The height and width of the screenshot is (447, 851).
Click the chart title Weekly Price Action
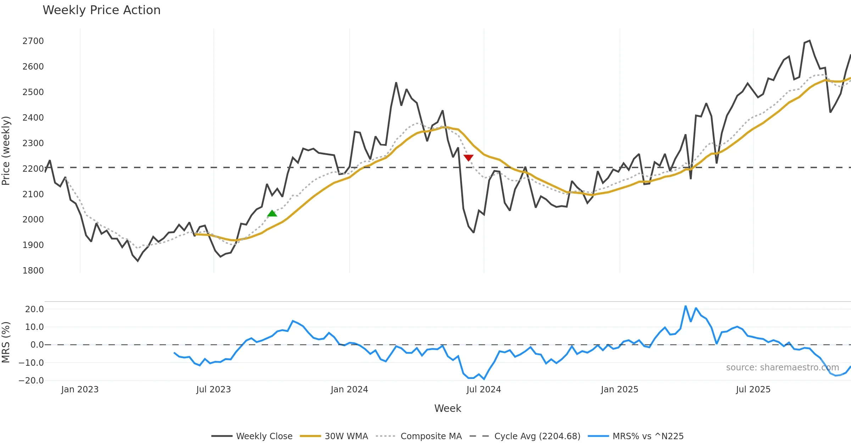101,10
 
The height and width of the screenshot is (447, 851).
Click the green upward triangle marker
272,213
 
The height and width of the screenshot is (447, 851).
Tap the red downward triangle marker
468,158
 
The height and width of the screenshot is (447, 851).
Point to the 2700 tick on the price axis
33,41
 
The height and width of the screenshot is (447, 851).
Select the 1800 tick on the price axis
33,271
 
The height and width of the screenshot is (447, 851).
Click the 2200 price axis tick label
33,169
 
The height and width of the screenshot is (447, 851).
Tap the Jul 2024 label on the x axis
484,390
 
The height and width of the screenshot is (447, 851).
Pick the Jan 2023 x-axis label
80,390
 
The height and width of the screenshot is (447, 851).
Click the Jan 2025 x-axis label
619,390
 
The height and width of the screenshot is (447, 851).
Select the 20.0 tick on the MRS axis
34,309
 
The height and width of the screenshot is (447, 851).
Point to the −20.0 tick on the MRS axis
31,381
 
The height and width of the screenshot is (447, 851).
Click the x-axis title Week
447,409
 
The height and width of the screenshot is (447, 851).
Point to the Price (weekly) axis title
6,151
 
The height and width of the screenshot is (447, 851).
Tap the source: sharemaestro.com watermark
782,368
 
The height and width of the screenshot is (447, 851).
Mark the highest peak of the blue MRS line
686,306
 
